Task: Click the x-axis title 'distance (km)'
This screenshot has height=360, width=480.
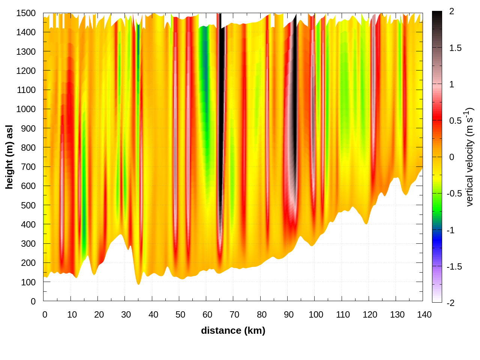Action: pos(233,330)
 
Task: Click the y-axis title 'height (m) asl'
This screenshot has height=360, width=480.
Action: pos(9,157)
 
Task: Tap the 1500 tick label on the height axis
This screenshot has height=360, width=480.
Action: pos(26,13)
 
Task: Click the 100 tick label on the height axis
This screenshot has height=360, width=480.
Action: pos(28,282)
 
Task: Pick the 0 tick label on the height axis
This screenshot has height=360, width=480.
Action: pos(33,301)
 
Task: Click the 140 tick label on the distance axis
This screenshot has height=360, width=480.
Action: pos(424,315)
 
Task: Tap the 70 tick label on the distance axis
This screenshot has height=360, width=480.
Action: pos(234,315)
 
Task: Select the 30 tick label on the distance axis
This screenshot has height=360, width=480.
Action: pos(126,315)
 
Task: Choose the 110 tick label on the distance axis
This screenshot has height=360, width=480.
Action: pos(343,315)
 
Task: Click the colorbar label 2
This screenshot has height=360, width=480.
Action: pos(451,12)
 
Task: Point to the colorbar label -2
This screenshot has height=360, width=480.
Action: pos(450,303)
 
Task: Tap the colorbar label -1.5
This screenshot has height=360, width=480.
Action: pos(454,267)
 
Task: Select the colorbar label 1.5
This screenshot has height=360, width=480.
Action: pos(455,48)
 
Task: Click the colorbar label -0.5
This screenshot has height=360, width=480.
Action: pos(454,193)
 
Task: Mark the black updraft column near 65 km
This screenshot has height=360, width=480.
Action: pos(221,112)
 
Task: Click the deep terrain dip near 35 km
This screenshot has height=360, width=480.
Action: pos(138,282)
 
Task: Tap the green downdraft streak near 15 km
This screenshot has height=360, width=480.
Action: pos(84,225)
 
